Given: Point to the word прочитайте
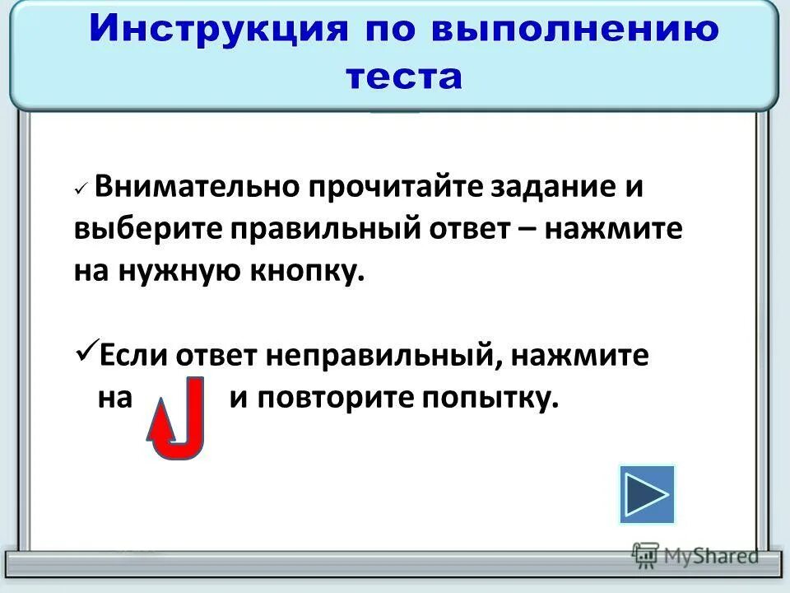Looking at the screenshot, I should click(x=394, y=188).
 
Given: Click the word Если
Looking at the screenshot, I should click(x=131, y=357).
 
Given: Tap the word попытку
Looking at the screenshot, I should click(x=490, y=399).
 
